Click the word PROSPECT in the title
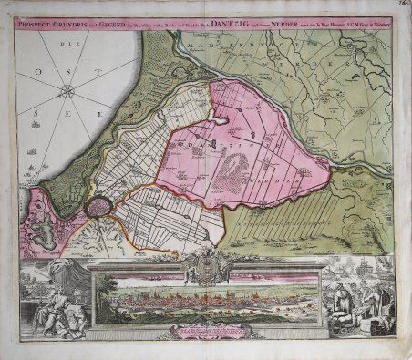[38, 23]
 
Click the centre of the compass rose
[68, 90]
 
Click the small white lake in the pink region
[224, 118]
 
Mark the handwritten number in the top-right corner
[400, 6]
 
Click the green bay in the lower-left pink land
[43, 225]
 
